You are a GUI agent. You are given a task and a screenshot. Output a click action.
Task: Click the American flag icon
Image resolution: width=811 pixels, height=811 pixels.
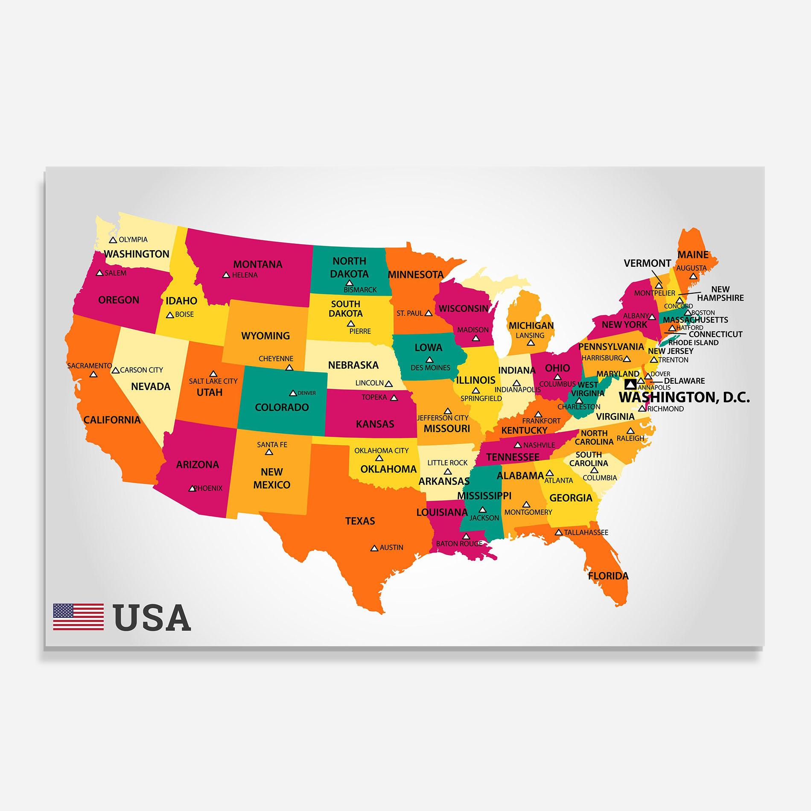click(78, 617)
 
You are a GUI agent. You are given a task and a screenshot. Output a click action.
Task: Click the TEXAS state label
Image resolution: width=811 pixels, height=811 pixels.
click(360, 521)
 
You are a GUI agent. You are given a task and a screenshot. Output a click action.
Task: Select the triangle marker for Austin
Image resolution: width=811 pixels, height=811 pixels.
click(374, 548)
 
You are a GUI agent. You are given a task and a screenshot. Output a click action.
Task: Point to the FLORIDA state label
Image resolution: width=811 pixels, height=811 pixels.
click(608, 576)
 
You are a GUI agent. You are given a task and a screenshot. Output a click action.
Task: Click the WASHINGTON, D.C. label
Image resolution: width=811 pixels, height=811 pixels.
click(684, 397)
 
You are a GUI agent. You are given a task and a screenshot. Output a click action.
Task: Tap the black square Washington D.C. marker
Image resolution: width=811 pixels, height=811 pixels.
click(630, 384)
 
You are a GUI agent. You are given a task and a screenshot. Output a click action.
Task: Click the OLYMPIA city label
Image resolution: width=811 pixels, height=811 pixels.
click(133, 240)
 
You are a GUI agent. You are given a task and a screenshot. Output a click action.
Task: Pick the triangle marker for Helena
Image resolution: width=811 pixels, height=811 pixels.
click(226, 275)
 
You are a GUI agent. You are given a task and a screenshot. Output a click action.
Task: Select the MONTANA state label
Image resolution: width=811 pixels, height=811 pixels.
click(258, 264)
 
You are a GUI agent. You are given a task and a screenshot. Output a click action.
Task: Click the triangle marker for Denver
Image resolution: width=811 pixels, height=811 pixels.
click(293, 393)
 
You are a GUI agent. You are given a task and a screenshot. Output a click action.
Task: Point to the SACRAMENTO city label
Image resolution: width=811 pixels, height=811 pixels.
click(90, 366)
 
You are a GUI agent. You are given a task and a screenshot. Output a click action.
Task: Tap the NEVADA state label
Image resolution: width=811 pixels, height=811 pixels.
click(151, 386)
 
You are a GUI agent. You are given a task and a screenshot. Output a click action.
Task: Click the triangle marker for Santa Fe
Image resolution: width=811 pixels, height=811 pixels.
click(269, 452)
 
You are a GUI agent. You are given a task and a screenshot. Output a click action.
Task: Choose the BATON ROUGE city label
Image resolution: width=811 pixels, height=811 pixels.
click(459, 544)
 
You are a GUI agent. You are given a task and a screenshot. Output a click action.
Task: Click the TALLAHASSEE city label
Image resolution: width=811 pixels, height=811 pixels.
click(586, 532)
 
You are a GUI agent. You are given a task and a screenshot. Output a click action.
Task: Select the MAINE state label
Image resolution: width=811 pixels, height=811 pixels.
click(693, 255)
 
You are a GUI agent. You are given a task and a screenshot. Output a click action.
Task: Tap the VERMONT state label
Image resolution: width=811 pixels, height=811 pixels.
click(648, 263)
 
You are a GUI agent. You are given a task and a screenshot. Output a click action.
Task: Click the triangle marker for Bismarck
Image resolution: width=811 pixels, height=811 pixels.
click(350, 283)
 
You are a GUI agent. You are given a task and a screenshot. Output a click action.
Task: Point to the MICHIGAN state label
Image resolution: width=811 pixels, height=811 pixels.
click(531, 326)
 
